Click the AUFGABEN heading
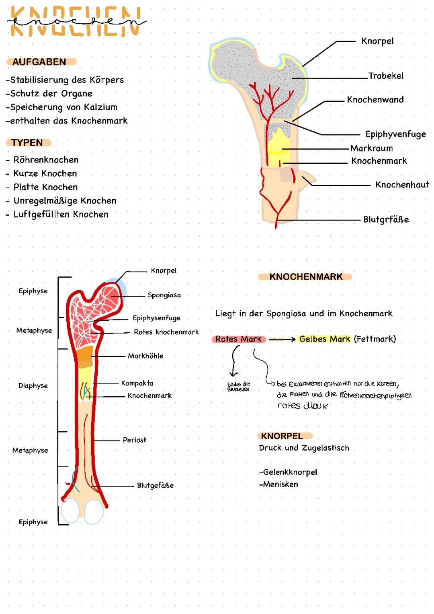coord(39,62)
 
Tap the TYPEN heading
coord(27,143)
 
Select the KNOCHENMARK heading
coord(306,277)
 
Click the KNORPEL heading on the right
coord(282,436)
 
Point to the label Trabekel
coord(386,76)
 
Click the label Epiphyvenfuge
coord(395,134)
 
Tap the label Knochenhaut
coord(402,185)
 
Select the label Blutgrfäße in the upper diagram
coord(386,220)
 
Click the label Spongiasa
coord(164,295)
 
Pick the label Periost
coord(135,440)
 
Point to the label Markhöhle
coord(145,356)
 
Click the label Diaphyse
coord(33,385)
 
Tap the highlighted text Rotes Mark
coord(238,339)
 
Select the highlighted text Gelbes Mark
coord(325,339)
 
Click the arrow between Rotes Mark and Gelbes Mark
coord(282,340)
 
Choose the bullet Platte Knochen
coord(45,187)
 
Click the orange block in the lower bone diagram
coord(85,354)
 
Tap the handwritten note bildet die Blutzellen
coord(238,387)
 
